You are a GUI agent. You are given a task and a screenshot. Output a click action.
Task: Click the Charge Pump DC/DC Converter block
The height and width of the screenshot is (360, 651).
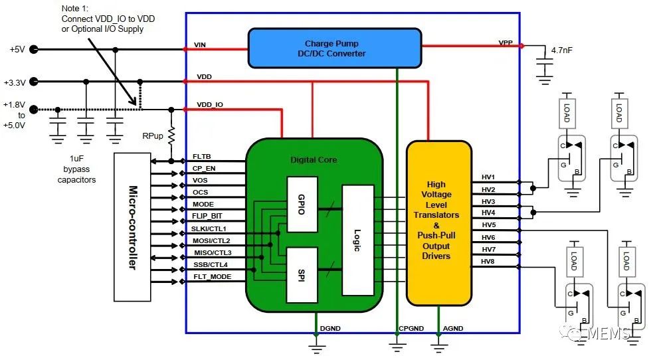tap(335, 48)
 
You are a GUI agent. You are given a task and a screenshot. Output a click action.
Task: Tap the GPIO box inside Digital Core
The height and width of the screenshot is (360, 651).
tap(302, 204)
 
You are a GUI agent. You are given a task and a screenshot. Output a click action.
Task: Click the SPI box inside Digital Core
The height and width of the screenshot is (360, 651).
tap(302, 274)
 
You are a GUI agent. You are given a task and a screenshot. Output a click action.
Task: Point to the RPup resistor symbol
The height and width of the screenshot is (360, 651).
tap(171, 135)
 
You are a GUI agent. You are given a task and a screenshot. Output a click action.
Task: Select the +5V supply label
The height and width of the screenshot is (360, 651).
tap(17, 50)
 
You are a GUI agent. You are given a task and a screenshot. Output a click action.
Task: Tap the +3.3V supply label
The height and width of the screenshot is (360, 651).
tap(15, 82)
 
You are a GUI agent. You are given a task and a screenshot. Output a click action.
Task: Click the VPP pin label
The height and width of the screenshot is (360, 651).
tap(506, 43)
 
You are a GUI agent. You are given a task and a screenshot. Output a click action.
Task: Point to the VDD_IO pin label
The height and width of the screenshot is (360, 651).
tap(210, 105)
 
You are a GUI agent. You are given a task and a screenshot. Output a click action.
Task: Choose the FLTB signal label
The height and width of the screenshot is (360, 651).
tap(202, 157)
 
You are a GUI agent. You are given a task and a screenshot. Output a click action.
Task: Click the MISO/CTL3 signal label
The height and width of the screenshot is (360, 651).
tap(212, 252)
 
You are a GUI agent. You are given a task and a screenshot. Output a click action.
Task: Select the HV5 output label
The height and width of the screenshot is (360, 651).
tap(488, 225)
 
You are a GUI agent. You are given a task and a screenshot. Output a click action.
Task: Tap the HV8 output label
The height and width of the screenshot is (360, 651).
tap(488, 261)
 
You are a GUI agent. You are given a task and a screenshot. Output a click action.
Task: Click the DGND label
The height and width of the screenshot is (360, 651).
tap(329, 327)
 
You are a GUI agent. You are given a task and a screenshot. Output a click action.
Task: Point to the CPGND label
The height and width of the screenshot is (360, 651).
tap(411, 327)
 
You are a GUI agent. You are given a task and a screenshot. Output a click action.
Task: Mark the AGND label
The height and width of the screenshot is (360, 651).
tap(453, 327)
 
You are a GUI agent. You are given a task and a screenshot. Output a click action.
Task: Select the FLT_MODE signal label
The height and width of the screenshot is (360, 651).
tap(212, 276)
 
